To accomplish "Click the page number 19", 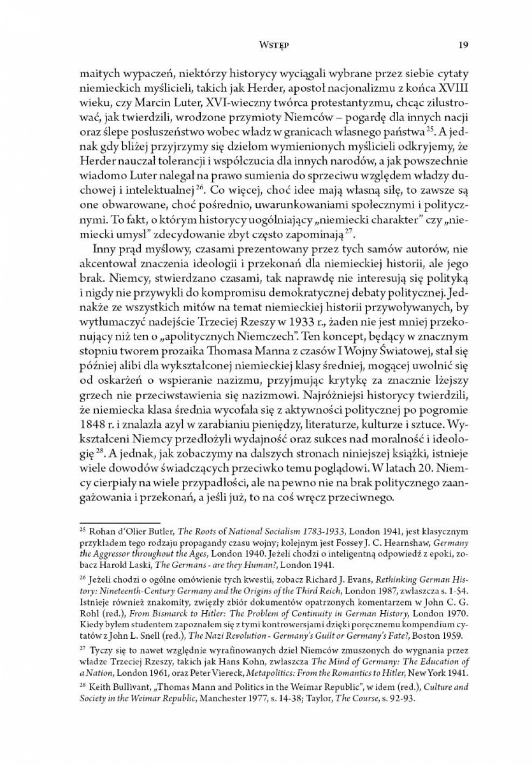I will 463,45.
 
